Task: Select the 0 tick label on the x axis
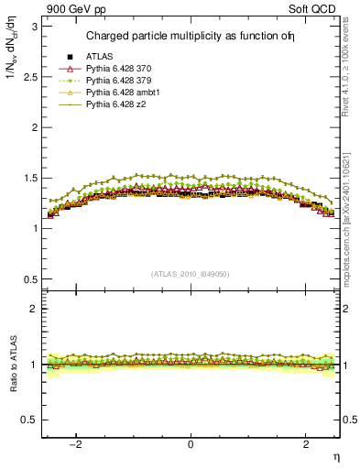(191, 445)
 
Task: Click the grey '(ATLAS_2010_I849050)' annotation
(191, 273)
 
